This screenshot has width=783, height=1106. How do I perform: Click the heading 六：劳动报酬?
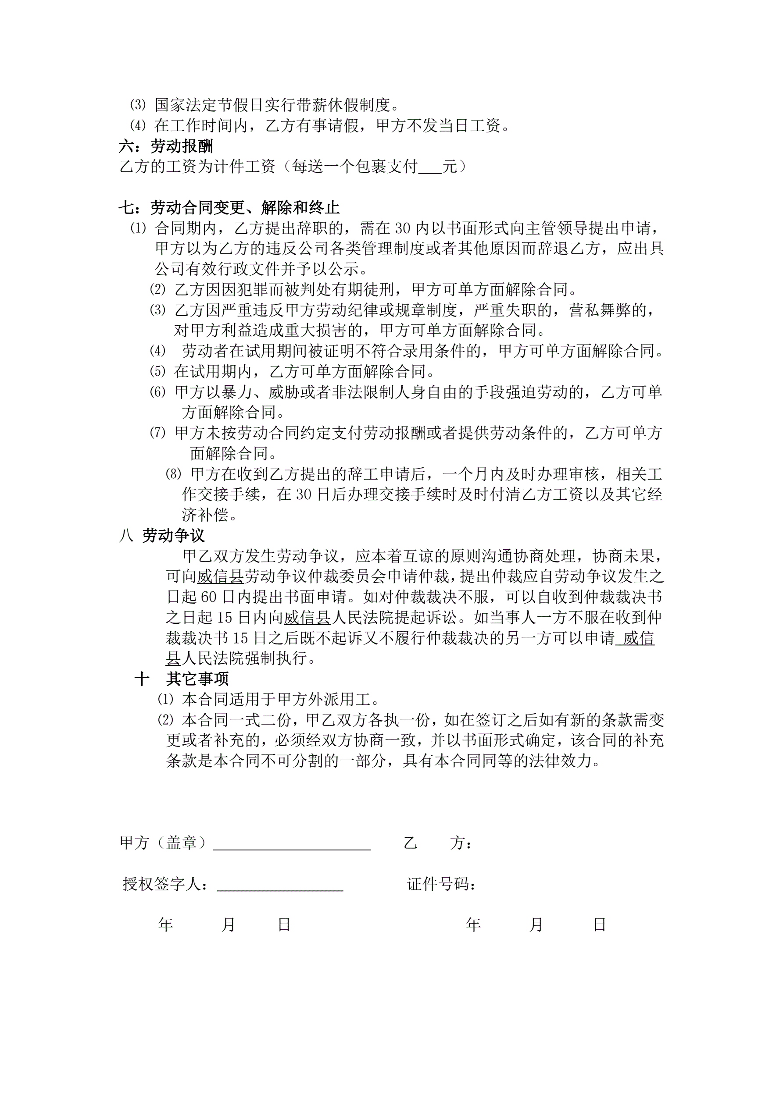166,146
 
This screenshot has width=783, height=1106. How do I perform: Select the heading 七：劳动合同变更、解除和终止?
229,208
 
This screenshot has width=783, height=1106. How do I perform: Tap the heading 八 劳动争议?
162,535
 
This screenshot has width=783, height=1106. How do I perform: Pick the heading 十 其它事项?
182,679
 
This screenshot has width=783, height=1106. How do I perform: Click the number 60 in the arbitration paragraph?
208,597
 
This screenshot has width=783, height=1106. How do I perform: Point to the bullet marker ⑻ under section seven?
173,474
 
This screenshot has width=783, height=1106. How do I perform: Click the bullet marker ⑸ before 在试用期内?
157,371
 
